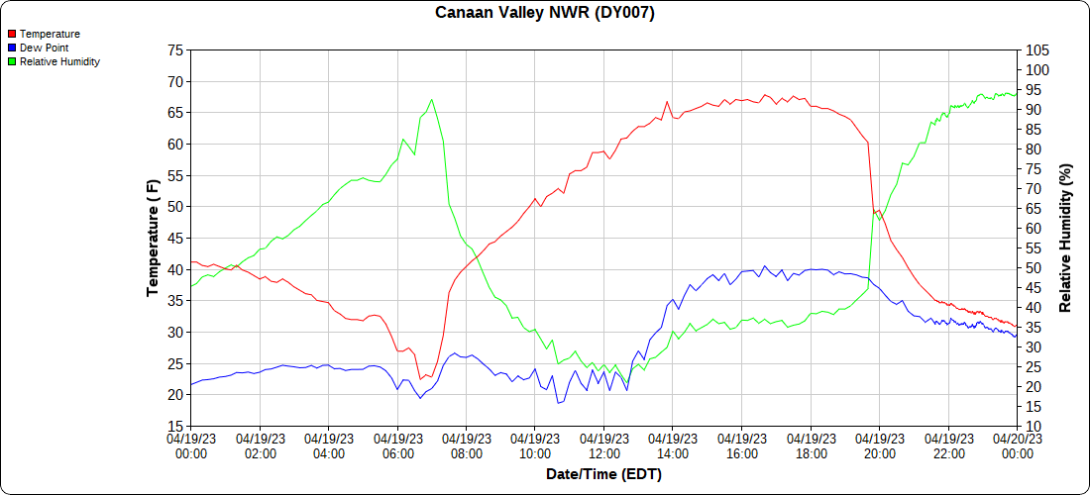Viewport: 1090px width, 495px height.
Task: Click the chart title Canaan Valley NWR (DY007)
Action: pyautogui.click(x=545, y=13)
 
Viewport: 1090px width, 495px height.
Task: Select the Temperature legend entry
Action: pyautogui.click(x=50, y=34)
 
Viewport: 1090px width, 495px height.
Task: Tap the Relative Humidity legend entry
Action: pyautogui.click(x=59, y=61)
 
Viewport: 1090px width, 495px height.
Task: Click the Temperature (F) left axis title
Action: pyautogui.click(x=153, y=238)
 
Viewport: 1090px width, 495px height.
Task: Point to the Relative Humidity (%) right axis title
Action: pyautogui.click(x=1066, y=238)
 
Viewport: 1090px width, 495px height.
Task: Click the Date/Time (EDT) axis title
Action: pyautogui.click(x=603, y=474)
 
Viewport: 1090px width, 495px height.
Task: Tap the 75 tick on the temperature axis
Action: pyautogui.click(x=175, y=50)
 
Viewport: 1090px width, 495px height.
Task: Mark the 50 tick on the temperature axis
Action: pyautogui.click(x=175, y=207)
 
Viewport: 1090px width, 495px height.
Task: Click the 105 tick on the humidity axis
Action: pyautogui.click(x=1037, y=50)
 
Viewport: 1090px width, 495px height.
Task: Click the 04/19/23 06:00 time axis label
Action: pyautogui.click(x=397, y=446)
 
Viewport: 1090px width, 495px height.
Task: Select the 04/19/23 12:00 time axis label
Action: pyautogui.click(x=603, y=446)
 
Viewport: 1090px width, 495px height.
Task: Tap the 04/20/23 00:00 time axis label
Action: pyautogui.click(x=1017, y=446)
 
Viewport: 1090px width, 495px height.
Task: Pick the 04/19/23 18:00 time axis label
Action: pyautogui.click(x=811, y=446)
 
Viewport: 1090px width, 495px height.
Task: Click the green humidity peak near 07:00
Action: pyautogui.click(x=432, y=99)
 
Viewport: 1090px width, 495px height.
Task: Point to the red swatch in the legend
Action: pyautogui.click(x=11, y=34)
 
